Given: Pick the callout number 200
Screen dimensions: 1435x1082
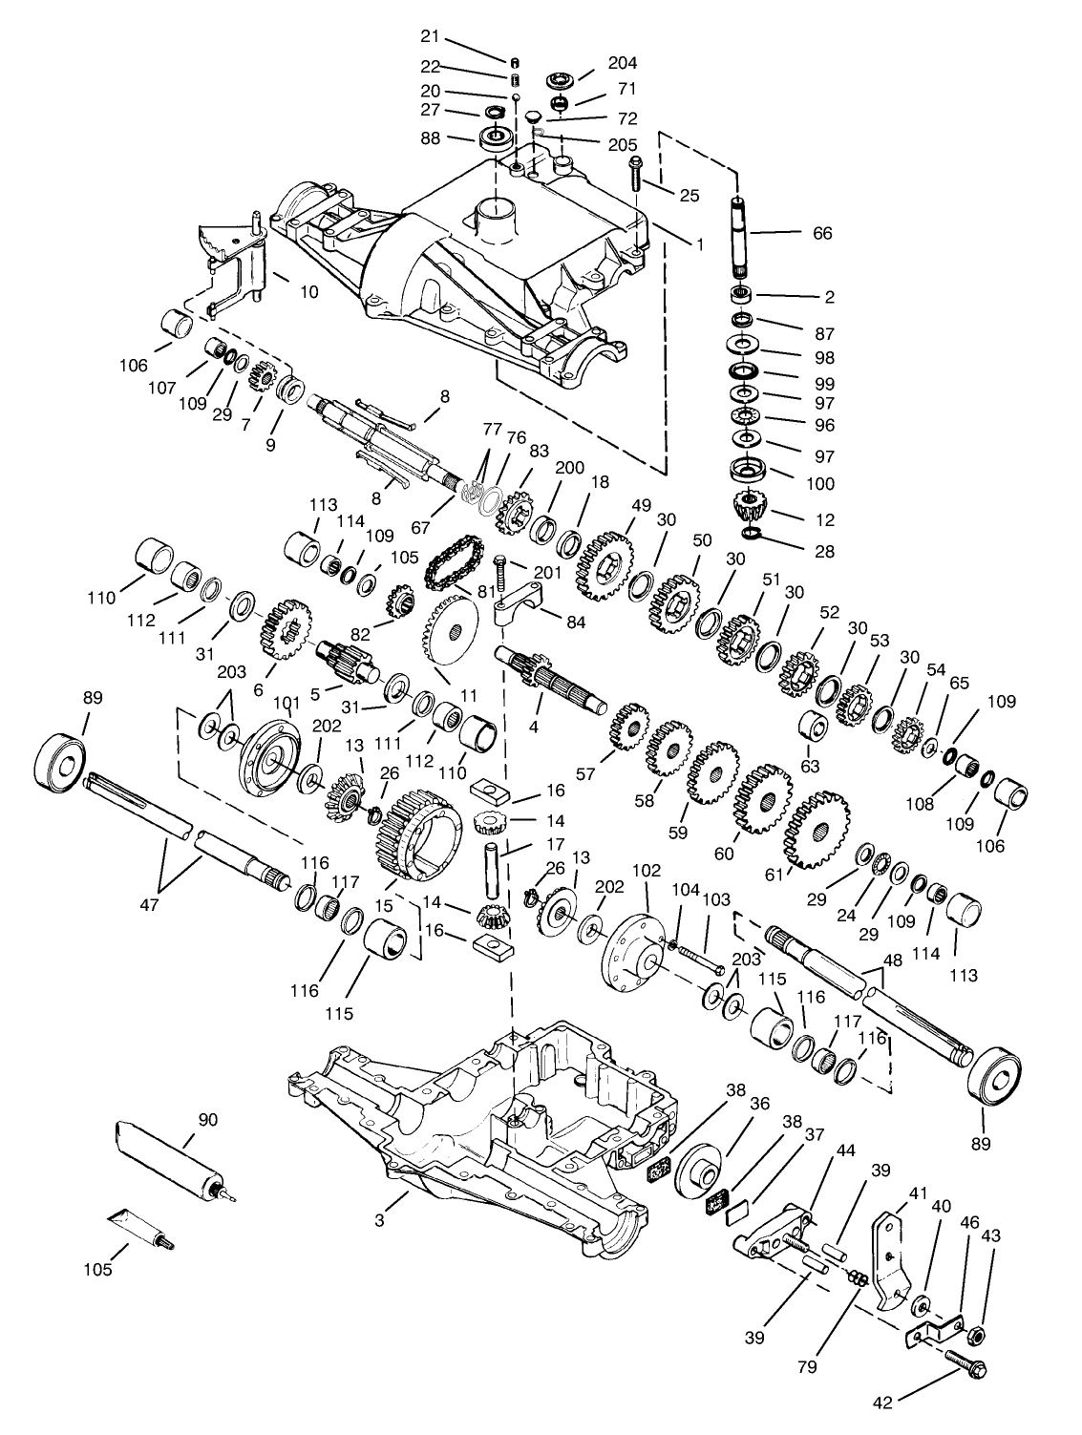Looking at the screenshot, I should tap(570, 469).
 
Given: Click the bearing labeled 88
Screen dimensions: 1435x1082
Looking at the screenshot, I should tap(495, 138).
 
